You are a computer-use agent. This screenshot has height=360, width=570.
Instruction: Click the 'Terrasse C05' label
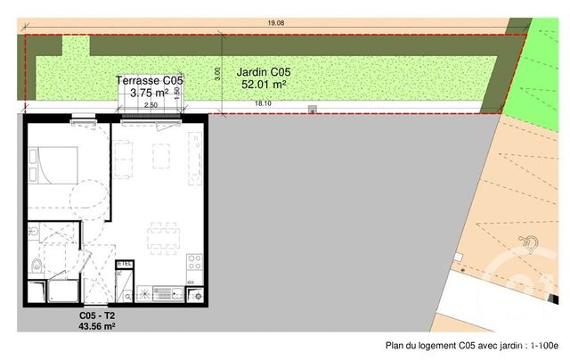click(150, 79)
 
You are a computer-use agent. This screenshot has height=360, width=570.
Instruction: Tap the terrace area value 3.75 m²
click(150, 92)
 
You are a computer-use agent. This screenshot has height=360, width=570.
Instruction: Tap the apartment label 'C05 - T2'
click(98, 316)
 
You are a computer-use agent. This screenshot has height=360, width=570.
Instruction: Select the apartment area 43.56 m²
click(98, 327)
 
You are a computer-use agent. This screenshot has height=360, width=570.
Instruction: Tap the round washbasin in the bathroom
click(33, 231)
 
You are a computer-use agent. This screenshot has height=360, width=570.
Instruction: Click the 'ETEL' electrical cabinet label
click(125, 264)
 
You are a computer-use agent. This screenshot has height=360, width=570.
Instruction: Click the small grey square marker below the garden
click(312, 110)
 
